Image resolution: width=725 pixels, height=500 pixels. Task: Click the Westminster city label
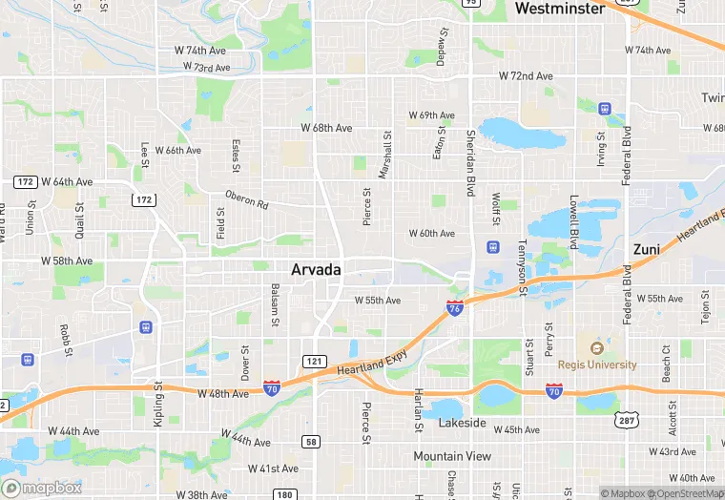point(559,9)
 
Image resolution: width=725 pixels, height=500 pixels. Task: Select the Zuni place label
point(646,249)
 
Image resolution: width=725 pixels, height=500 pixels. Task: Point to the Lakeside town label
point(463,422)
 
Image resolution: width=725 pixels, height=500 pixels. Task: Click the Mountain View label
point(452,456)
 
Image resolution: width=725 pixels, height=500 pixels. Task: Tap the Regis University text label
point(597,365)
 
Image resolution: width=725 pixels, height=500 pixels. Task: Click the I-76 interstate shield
point(455,308)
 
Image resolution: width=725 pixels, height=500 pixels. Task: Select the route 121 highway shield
point(314,361)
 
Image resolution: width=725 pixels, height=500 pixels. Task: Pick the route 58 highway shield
point(311,441)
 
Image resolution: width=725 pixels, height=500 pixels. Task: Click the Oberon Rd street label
point(247,199)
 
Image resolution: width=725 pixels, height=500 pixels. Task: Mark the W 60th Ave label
point(432,233)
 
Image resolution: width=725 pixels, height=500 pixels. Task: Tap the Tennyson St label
point(522,270)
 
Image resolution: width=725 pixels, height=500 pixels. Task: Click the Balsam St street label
point(274,304)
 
